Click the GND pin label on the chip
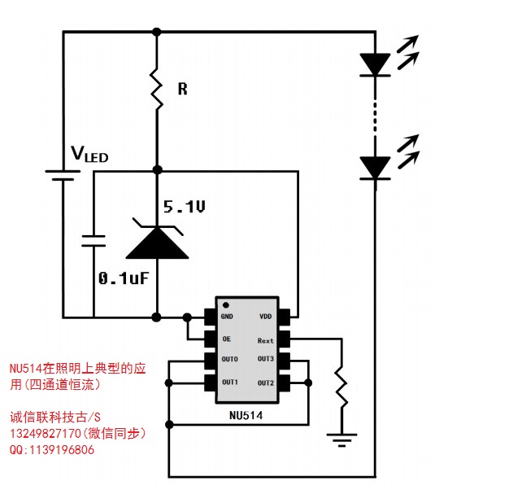[227, 317]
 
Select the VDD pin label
[265, 317]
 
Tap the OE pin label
[227, 339]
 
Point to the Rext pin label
[265, 340]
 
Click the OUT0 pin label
[229, 360]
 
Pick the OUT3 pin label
[266, 360]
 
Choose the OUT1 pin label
[229, 382]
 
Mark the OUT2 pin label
[266, 383]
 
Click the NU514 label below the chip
[247, 415]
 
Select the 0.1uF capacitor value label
[123, 278]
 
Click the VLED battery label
[89, 154]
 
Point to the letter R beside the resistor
[182, 89]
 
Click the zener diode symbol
[157, 238]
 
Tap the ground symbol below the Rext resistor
[342, 440]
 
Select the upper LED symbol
[375, 63]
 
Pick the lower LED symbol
[375, 167]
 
